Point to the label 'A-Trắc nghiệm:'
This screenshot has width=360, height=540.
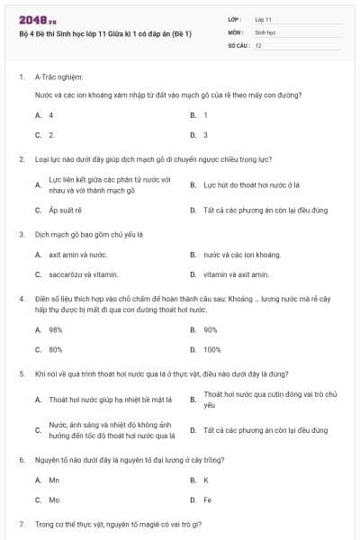[57, 77]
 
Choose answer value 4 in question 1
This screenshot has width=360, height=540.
[51, 115]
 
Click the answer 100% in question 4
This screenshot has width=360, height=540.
[212, 349]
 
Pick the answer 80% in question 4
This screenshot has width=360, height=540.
[56, 349]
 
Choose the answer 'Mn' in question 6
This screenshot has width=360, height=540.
[54, 480]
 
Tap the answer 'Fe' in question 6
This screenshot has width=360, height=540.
[208, 499]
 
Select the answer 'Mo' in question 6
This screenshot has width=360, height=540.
[54, 499]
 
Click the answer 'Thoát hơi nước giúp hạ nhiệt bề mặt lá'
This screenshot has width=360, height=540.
[111, 400]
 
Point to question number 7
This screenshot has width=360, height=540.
[21, 524]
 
